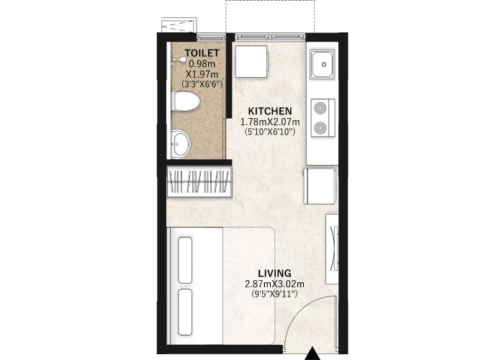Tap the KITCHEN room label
tap(269, 111)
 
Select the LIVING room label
tap(274, 273)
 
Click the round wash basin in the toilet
tap(180, 143)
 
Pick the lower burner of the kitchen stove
tap(321, 128)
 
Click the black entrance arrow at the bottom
tap(312, 354)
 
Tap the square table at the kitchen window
tap(251, 61)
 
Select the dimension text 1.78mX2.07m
tap(269, 122)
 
